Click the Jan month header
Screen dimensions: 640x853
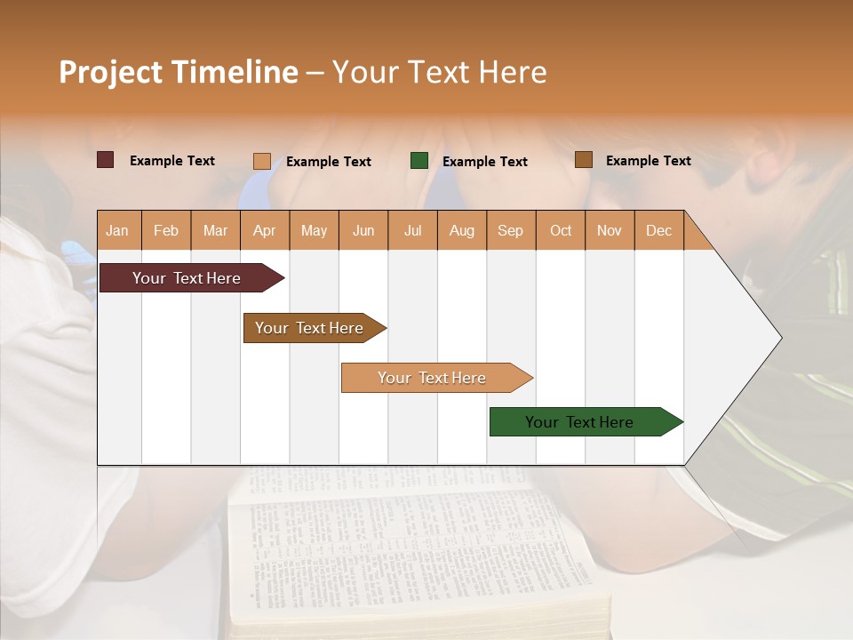(117, 230)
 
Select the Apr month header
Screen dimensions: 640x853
(264, 230)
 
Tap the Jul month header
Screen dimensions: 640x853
(412, 230)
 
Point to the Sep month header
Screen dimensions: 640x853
(510, 230)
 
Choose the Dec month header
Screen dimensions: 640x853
(658, 230)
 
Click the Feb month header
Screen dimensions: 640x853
(166, 230)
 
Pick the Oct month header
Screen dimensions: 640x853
(561, 230)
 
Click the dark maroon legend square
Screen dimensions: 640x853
(105, 160)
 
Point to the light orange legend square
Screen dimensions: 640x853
(261, 161)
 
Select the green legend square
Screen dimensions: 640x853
(419, 161)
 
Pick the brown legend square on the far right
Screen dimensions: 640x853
(583, 160)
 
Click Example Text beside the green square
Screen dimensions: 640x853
(484, 162)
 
